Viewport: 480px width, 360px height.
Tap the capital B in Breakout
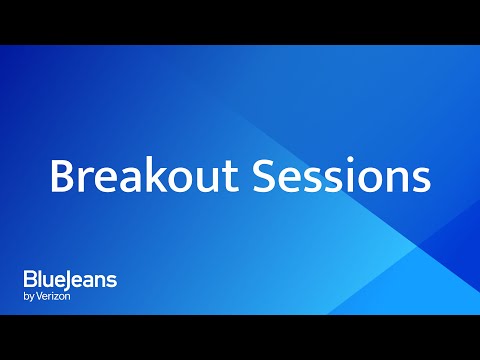coord(62,177)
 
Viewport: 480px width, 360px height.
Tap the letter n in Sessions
coord(394,180)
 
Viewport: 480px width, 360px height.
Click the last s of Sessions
coord(419,180)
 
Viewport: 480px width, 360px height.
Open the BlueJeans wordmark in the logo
coord(70,280)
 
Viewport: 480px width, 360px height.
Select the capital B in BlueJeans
coord(30,280)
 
